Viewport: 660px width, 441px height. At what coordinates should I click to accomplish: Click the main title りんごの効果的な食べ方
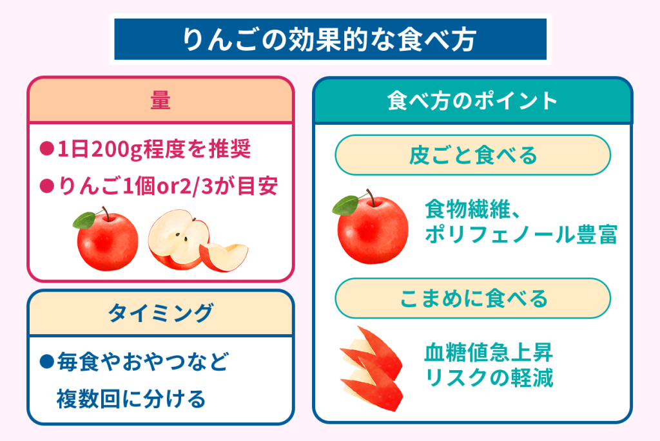coord(329,39)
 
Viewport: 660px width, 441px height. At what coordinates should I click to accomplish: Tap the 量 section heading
coord(160,101)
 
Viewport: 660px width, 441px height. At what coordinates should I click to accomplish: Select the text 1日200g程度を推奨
coord(154,149)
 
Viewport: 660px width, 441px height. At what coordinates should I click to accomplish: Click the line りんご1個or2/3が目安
coord(168,186)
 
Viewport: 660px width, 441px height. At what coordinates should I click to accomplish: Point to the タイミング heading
coord(160,313)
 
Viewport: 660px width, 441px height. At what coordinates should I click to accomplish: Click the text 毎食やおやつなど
coord(143,362)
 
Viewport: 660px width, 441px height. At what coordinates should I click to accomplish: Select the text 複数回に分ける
coord(131,399)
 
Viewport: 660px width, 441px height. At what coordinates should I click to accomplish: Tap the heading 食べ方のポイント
coord(472,101)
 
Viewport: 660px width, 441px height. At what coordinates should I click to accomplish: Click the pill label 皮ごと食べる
coord(472,155)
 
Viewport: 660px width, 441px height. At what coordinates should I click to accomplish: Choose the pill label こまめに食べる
coord(472,298)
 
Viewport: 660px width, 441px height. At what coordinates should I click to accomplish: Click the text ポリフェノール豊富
coord(521,234)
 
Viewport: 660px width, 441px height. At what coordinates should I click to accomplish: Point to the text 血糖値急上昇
coord(489,352)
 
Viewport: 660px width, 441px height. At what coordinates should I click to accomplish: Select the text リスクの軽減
coord(489,377)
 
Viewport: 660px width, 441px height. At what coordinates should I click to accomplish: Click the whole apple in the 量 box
coord(106,239)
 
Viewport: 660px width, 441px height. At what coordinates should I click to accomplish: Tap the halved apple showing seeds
coord(178,238)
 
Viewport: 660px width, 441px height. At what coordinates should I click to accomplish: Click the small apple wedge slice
coord(224,256)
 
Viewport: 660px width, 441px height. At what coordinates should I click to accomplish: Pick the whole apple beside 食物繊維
coord(371,227)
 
